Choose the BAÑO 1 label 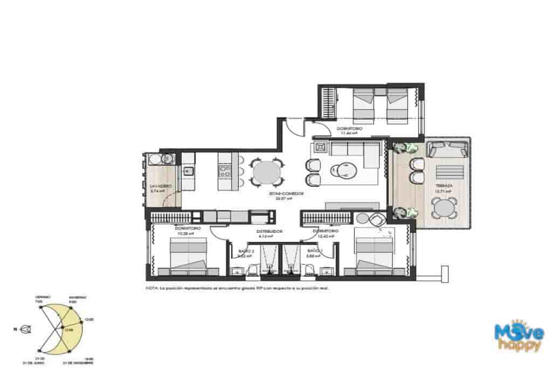(314, 251)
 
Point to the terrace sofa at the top (447, 149)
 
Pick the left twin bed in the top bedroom (363, 105)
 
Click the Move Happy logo (519, 336)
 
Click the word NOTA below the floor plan (152, 288)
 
